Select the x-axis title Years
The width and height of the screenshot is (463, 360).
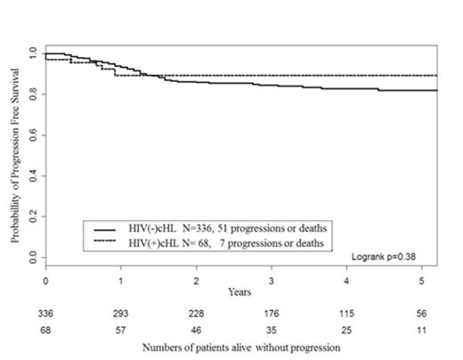(238, 290)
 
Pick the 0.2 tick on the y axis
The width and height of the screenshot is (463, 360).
(32, 217)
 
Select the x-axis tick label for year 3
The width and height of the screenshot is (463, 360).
(272, 280)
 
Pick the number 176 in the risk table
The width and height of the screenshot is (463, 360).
(272, 313)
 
